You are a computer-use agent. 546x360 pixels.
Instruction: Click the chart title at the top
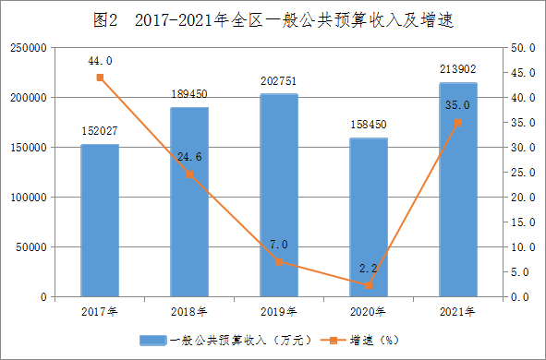click(273, 20)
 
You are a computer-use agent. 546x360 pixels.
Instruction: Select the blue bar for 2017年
click(100, 221)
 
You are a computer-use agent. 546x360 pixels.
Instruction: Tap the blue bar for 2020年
click(369, 218)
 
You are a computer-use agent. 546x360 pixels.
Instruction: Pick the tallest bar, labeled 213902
click(458, 189)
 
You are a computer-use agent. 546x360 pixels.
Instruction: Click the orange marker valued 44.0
click(100, 78)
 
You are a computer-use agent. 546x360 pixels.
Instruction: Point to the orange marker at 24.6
click(189, 174)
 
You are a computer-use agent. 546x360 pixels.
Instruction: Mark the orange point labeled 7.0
click(279, 262)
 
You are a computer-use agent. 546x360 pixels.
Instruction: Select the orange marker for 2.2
click(369, 286)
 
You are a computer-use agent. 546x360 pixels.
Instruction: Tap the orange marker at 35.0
click(458, 123)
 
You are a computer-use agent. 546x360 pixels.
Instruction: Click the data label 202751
click(279, 81)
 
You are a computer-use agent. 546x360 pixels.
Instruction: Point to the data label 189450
click(189, 94)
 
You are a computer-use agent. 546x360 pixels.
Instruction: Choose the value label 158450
click(369, 125)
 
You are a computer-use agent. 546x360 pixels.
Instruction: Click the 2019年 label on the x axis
click(279, 312)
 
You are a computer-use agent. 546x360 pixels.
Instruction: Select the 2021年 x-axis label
click(457, 312)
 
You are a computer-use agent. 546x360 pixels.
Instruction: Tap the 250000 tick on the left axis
click(29, 48)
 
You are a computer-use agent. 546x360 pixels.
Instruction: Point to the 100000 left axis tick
click(29, 198)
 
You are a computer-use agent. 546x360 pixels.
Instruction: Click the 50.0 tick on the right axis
click(523, 48)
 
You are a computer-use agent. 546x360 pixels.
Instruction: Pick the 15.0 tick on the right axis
click(523, 222)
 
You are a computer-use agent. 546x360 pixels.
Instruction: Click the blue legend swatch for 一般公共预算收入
click(153, 341)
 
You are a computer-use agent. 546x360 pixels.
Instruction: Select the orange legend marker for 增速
click(334, 341)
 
